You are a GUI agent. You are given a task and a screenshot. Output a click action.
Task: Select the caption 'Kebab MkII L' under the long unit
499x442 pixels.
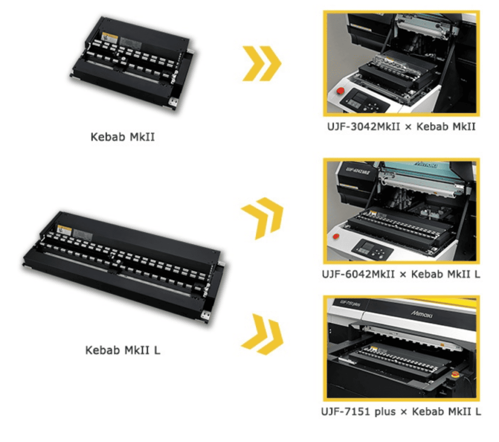pos(122,350)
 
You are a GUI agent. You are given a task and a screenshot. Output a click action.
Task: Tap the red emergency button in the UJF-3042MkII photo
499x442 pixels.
pos(340,91)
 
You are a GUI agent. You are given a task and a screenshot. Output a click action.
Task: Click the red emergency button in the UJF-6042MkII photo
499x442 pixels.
pos(336,237)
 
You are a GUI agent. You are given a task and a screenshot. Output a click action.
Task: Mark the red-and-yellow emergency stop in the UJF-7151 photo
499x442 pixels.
pos(456,374)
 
